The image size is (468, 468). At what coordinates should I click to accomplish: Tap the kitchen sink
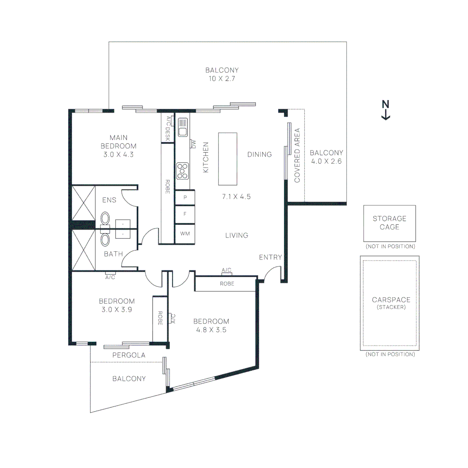182,127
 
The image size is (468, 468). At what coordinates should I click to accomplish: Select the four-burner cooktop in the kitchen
182,170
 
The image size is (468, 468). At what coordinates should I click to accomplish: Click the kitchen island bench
227,159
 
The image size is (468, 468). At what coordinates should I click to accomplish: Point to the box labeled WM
185,234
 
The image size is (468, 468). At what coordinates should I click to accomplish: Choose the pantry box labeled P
185,197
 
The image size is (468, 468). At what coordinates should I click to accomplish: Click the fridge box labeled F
185,214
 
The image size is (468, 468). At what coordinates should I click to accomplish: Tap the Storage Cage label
389,223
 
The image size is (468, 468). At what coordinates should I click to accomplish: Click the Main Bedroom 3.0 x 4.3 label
118,146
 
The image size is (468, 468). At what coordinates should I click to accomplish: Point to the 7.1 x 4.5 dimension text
237,196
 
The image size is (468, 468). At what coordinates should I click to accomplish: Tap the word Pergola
129,355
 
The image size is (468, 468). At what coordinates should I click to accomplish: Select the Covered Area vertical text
297,155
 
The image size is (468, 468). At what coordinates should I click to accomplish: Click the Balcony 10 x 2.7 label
222,74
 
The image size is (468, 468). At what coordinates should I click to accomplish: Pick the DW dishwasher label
194,144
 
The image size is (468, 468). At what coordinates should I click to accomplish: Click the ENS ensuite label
109,200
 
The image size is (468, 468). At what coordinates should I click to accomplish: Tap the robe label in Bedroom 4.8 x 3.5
227,284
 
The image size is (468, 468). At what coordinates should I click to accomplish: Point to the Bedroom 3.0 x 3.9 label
117,305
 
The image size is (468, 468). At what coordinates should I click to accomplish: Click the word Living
237,235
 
